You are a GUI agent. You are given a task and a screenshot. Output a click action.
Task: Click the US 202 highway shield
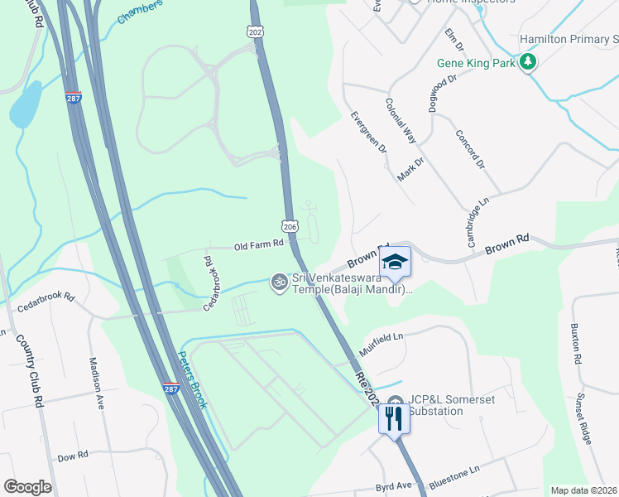point(254,31)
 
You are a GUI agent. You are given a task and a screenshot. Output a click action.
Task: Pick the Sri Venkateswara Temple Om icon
point(279,282)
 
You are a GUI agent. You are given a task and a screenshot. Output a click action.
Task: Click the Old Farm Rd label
point(259,244)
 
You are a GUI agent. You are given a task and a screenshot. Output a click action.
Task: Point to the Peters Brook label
point(192,380)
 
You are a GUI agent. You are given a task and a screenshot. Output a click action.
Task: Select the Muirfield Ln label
point(381,338)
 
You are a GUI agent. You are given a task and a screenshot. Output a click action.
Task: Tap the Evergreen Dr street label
point(369,133)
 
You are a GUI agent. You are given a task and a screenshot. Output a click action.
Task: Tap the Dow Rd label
point(73,457)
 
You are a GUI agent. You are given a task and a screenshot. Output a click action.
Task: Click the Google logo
point(27,487)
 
